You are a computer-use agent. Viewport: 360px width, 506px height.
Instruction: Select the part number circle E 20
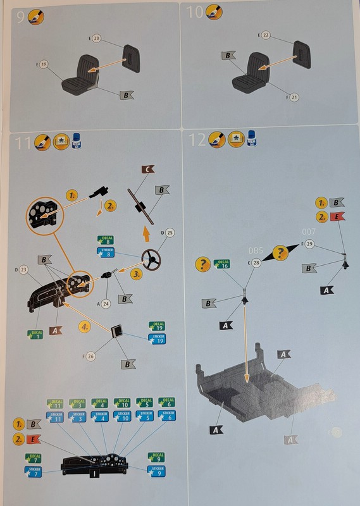[x=96, y=39]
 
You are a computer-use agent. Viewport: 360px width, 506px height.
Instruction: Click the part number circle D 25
[x=169, y=233]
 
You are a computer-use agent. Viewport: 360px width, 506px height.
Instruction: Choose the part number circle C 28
[x=256, y=262]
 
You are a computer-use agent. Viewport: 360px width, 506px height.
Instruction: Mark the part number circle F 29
[x=309, y=244]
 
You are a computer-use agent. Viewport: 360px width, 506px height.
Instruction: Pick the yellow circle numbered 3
[x=137, y=276]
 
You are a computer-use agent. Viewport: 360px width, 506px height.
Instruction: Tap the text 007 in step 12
[x=309, y=231]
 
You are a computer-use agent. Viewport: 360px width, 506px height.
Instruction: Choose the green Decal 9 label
[x=156, y=457]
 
